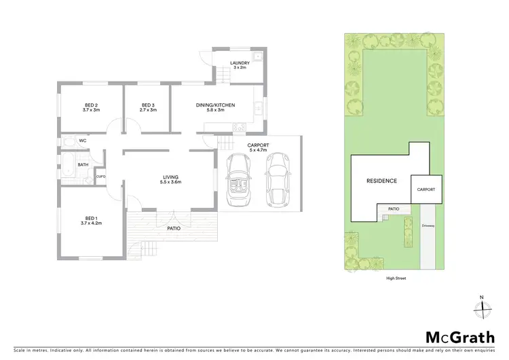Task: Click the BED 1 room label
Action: coord(90,219)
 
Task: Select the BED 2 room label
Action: coord(90,107)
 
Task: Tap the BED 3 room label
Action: coord(149,107)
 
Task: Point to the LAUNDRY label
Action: coord(240,65)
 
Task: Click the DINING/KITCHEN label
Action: coord(215,107)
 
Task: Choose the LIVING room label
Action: coord(169,180)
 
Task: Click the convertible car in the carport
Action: coord(240,181)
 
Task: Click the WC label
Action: coord(82,141)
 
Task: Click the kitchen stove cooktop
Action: coord(240,127)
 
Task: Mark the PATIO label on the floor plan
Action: coord(174,228)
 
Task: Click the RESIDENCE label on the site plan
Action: coord(381,181)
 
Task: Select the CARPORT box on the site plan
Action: coord(426,189)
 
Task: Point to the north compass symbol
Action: coord(481,306)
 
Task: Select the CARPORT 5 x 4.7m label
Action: coord(259,147)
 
